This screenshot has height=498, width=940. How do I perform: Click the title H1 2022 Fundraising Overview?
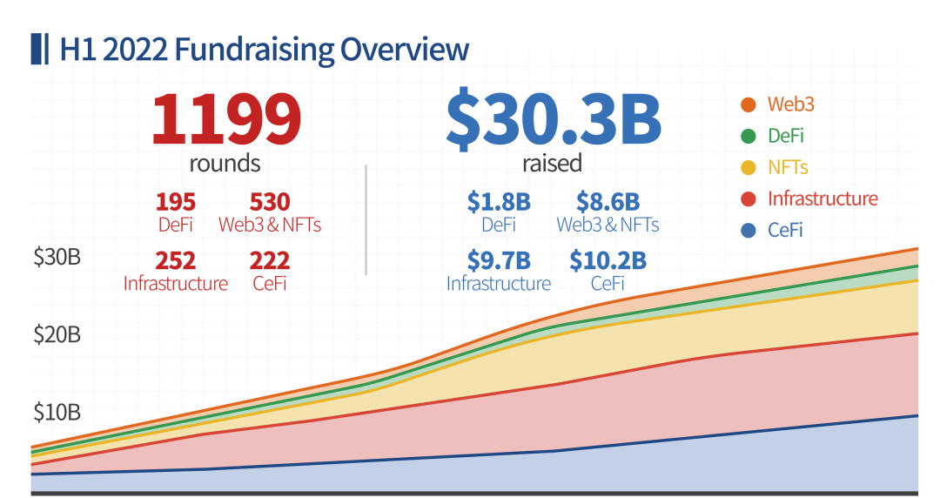(264, 49)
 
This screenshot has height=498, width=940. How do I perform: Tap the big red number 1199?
(226, 120)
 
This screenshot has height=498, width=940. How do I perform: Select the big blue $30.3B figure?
(553, 120)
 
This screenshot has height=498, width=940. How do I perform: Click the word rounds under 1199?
(225, 163)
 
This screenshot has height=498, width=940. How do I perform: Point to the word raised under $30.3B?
(552, 163)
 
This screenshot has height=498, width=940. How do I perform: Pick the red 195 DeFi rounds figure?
(176, 202)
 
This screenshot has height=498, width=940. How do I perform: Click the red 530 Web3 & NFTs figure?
(270, 202)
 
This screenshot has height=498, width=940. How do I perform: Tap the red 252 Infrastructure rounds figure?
(175, 260)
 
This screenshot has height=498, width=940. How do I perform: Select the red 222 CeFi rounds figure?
(270, 260)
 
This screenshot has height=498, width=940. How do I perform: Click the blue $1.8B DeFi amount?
(499, 202)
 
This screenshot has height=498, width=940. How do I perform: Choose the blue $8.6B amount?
(608, 202)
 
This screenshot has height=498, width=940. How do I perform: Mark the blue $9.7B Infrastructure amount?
(499, 260)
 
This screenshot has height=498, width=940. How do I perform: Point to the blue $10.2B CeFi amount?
(608, 260)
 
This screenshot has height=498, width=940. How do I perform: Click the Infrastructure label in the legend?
(822, 199)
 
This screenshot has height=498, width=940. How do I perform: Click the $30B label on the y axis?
(57, 258)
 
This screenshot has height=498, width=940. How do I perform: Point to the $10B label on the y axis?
(57, 411)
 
